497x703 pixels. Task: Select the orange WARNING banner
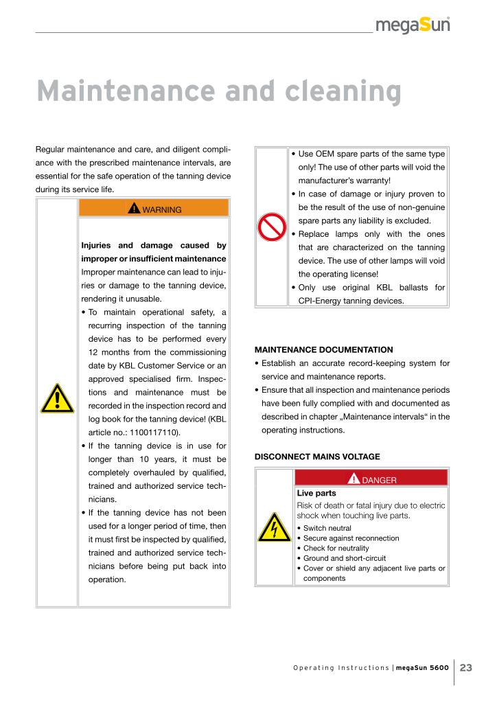pyautogui.click(x=154, y=209)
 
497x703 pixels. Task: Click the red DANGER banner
pyautogui.click(x=371, y=479)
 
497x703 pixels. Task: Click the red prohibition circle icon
pyautogui.click(x=271, y=227)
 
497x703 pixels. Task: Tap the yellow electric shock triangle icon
pyautogui.click(x=274, y=527)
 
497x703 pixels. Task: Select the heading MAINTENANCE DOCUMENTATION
pyautogui.click(x=323, y=349)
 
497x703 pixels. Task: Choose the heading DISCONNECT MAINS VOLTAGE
pyautogui.click(x=316, y=457)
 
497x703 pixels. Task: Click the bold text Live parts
pyautogui.click(x=316, y=493)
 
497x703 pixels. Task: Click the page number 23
pyautogui.click(x=467, y=668)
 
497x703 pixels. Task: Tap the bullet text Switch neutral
pyautogui.click(x=327, y=528)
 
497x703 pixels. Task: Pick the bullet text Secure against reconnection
pyautogui.click(x=351, y=538)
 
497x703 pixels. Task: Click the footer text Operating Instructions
pyautogui.click(x=340, y=669)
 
